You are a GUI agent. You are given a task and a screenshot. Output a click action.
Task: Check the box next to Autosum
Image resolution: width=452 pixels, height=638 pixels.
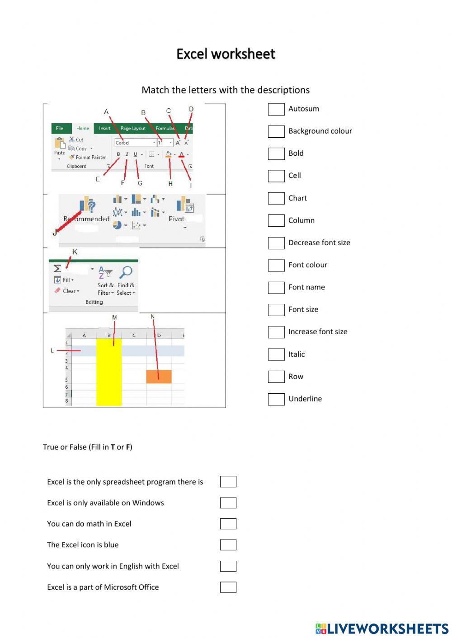276,109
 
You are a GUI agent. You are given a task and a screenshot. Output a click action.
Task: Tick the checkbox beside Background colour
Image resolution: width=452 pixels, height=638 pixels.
276,131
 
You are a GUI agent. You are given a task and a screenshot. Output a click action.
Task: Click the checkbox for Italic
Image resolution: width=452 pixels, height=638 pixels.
276,354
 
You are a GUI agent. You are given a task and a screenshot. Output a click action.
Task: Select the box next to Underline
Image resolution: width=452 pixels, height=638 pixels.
276,399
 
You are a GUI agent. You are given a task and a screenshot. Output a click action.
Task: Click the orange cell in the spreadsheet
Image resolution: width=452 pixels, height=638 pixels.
159,377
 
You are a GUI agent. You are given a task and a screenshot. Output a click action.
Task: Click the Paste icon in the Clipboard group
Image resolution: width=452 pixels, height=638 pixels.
60,144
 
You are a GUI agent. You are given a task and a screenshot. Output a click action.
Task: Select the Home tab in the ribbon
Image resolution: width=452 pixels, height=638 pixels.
83,128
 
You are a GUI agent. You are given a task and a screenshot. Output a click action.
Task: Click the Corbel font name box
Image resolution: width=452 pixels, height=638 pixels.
134,143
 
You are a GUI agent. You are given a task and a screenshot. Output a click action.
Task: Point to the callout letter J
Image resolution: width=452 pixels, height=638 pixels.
55,232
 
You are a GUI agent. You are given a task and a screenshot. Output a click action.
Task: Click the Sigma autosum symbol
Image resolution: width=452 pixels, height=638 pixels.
57,269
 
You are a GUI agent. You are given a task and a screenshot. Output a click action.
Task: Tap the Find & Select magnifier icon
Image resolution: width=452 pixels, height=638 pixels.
126,272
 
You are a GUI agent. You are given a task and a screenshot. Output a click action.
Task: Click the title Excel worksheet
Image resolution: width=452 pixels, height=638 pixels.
226,54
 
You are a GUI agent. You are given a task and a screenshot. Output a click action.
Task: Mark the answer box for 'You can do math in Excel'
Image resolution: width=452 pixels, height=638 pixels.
228,524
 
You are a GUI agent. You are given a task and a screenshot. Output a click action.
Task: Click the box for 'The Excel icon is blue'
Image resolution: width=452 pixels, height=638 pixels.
228,545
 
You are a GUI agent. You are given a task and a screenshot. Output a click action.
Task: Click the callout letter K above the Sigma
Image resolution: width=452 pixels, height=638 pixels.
75,252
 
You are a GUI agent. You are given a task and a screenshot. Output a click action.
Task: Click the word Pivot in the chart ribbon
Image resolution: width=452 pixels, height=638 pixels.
177,219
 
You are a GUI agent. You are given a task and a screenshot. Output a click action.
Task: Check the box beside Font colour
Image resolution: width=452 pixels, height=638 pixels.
276,265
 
